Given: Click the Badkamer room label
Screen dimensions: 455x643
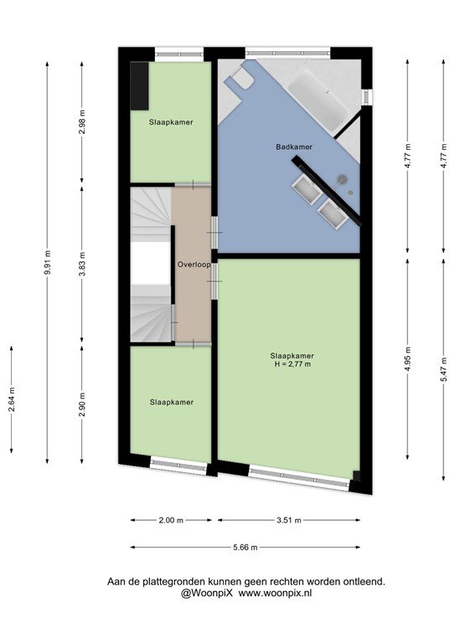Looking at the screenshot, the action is click(294, 147).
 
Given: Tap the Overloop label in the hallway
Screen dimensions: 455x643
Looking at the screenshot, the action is click(194, 265).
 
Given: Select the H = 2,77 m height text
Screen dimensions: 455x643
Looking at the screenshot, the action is click(292, 363).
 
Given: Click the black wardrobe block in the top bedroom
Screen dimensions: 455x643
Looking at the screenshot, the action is click(139, 85).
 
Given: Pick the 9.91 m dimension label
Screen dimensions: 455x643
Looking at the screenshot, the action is click(47, 262).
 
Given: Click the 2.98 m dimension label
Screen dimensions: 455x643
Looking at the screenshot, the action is click(82, 121).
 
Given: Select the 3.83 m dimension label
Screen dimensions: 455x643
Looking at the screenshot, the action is click(82, 265).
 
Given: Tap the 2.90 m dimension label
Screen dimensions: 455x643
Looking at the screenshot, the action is click(82, 404).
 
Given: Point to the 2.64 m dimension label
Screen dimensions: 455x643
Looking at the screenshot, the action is click(12, 399).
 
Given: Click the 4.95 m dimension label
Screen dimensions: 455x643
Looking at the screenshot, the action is click(407, 359).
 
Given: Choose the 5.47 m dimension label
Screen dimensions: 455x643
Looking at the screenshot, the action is click(443, 369).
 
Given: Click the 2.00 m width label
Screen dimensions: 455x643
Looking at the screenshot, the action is click(171, 521).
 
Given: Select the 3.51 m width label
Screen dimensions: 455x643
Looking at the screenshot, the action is click(289, 521).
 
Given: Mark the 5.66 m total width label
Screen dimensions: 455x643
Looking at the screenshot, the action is click(246, 547).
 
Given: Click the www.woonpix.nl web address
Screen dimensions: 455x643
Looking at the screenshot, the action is click(276, 593).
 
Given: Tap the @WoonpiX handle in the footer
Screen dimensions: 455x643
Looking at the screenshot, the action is click(207, 593).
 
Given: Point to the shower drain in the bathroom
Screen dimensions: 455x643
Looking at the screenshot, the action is click(350, 192).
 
